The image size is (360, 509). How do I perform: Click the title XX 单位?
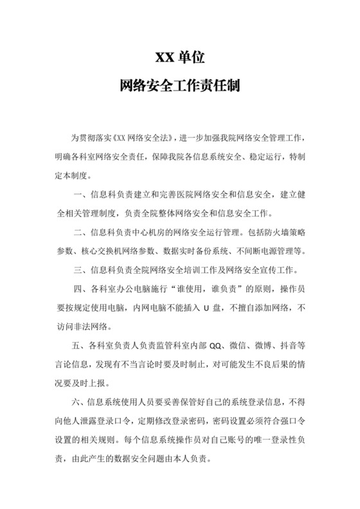pyautogui.click(x=179, y=57)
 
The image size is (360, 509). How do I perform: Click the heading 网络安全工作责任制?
pyautogui.click(x=179, y=85)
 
